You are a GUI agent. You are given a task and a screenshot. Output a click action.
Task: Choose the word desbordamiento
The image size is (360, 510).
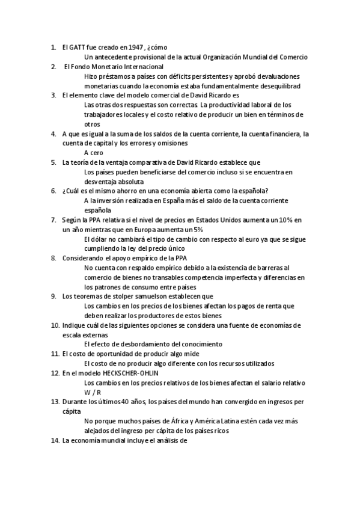pos(140,344)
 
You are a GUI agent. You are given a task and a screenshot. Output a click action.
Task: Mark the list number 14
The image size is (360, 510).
pos(53,440)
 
